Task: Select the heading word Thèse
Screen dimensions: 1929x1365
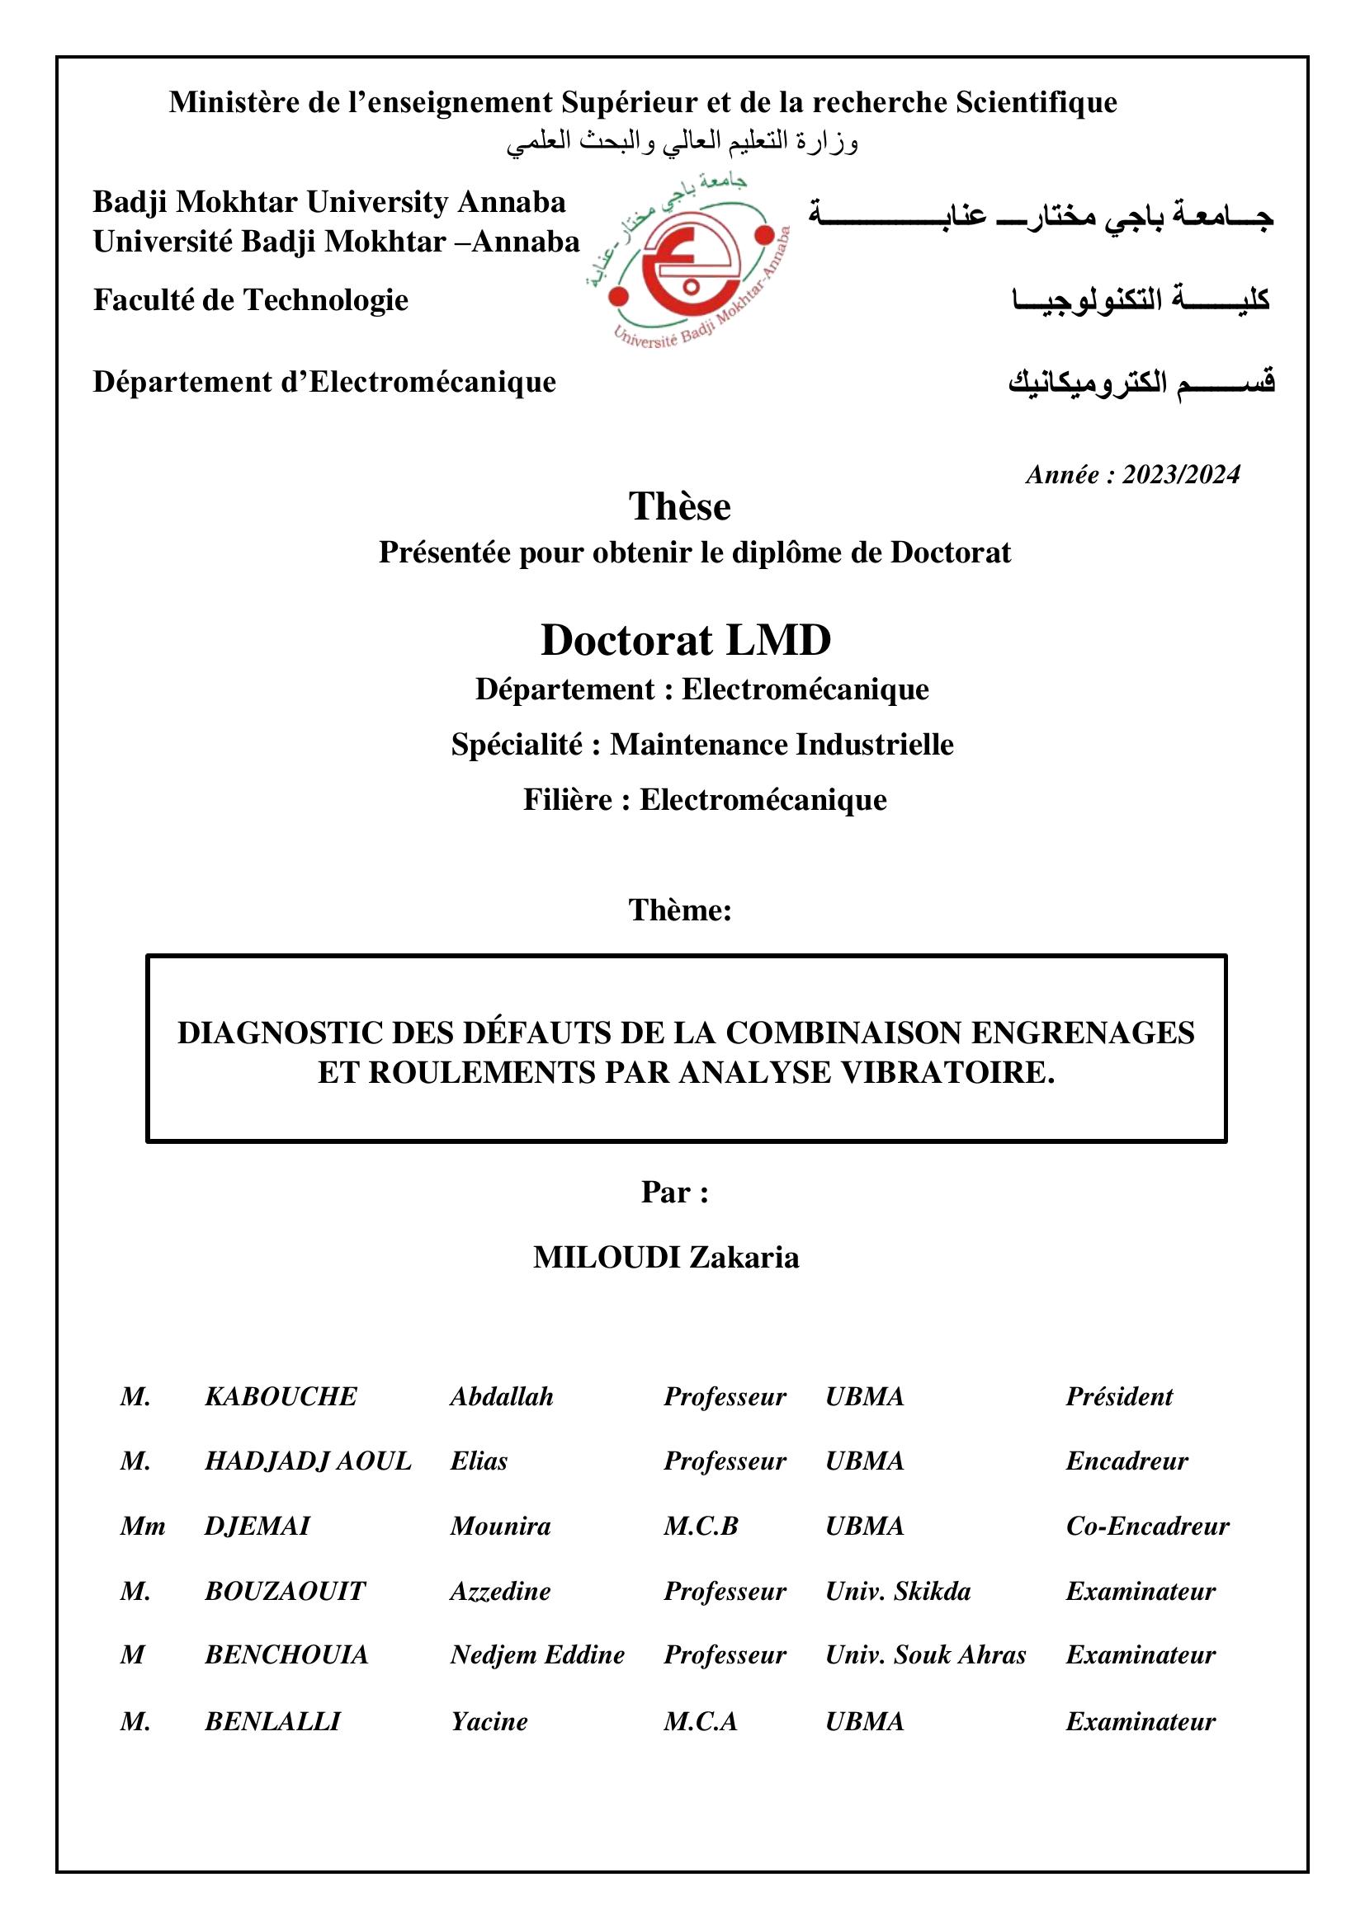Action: (x=679, y=506)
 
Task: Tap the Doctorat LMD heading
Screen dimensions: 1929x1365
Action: (x=685, y=640)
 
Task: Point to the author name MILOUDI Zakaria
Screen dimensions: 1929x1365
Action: (x=666, y=1258)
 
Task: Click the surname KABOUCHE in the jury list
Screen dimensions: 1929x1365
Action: (x=281, y=1396)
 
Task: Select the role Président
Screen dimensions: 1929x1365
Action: (x=1119, y=1396)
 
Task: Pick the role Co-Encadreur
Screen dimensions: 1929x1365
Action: (x=1147, y=1526)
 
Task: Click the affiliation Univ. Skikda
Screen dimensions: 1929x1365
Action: (x=898, y=1591)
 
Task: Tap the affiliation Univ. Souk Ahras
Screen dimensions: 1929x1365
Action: (x=925, y=1655)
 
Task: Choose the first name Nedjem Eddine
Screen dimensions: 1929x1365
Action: (x=537, y=1655)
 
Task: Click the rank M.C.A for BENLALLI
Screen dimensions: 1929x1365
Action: (x=700, y=1721)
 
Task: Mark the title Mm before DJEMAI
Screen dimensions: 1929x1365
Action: (x=142, y=1526)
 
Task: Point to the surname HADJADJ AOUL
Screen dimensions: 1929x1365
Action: (x=308, y=1461)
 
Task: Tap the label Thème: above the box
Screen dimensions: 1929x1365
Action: (x=680, y=910)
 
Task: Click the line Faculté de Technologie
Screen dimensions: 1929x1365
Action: (x=251, y=300)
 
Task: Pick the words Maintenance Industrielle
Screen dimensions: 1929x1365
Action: (x=782, y=745)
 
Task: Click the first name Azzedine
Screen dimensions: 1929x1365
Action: (x=500, y=1591)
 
